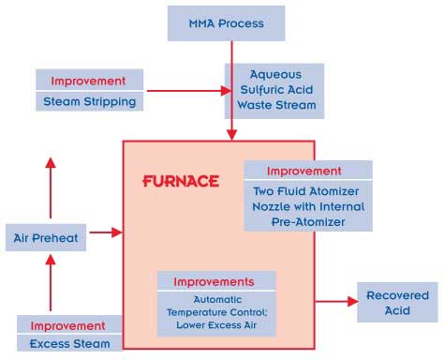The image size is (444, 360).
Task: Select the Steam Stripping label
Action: (90, 100)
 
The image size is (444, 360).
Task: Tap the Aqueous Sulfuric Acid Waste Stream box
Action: (274, 91)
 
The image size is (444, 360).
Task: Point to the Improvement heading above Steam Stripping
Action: (90, 80)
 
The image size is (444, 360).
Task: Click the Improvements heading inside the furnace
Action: (216, 281)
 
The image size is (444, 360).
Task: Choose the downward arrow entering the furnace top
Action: (230, 129)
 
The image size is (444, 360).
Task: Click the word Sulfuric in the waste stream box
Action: (274, 91)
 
